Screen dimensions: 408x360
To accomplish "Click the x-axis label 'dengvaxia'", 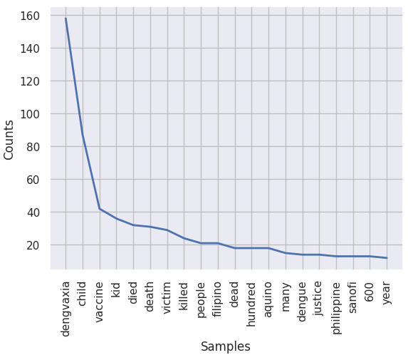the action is tap(66, 309).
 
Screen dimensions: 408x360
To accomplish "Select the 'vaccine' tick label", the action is tap(100, 302).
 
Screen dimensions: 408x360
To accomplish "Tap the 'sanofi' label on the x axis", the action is tap(352, 297).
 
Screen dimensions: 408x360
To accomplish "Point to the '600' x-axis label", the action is tap(370, 292).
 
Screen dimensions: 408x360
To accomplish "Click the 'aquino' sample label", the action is tap(268, 299).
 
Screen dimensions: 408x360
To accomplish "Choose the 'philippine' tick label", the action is tap(336, 308).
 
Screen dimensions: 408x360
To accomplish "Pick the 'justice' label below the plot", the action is tap(319, 299).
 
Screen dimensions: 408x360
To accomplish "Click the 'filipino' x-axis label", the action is tap(218, 299).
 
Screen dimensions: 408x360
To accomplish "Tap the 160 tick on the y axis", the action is tap(30, 16).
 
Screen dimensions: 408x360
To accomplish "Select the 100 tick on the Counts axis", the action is tap(30, 114).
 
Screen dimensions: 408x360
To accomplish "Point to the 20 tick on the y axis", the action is tap(33, 245).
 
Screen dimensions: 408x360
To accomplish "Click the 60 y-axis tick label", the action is tap(33, 180).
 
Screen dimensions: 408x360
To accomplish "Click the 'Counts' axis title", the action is tap(9, 140).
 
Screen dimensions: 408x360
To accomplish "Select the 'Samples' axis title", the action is tap(226, 346).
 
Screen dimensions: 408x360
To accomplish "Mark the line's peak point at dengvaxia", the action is tap(66, 19).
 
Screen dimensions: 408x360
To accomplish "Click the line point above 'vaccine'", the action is tap(100, 209).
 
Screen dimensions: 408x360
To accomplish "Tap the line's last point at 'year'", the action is tap(387, 258).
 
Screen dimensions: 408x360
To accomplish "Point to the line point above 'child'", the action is tap(83, 135).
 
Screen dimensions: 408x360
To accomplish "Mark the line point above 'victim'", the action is tap(167, 230).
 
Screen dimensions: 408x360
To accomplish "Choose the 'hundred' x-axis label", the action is tap(251, 304).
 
